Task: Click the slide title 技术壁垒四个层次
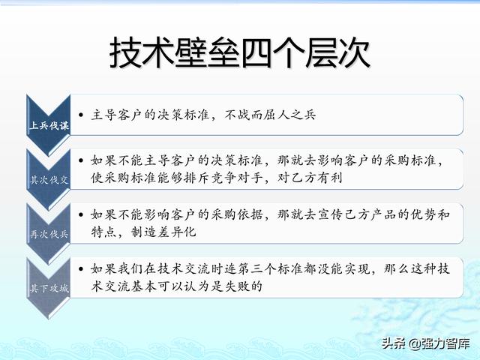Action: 240,52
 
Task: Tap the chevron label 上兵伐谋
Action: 49,125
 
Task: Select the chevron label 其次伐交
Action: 49,180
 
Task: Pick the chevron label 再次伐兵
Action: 49,234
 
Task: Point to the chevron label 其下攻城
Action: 49,288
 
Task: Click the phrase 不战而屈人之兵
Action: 270,115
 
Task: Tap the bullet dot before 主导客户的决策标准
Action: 81,115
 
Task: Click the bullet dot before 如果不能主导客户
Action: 81,160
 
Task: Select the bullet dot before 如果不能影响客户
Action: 81,214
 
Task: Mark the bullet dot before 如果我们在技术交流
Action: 81,269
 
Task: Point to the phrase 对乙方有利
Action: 310,178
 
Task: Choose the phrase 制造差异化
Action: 163,232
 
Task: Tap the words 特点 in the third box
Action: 103,232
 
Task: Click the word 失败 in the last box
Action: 237,286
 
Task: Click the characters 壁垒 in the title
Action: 207,52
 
